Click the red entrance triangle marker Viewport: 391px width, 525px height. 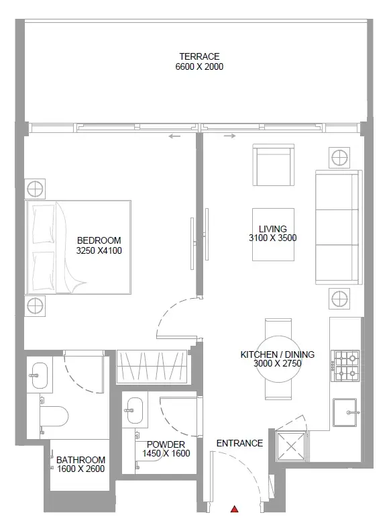coord(235,510)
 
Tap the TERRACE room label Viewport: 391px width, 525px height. coord(199,56)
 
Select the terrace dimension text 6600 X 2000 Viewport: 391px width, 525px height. coord(199,66)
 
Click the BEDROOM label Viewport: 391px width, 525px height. coord(99,240)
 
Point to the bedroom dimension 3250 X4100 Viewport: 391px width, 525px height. coord(99,251)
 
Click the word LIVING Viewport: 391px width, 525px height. coord(272,229)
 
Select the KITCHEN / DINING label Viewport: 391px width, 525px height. coord(278,354)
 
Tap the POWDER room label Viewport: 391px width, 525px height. coord(166,444)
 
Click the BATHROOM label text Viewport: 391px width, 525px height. coord(80,460)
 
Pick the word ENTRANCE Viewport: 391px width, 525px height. coord(239,443)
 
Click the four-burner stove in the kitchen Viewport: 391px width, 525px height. coord(345,366)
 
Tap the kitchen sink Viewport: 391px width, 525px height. coord(345,412)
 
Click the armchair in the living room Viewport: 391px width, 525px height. coord(274,164)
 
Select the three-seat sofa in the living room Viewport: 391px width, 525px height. coord(339,228)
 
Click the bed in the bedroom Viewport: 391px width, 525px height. coord(78,248)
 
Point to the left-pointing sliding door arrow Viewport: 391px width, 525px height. coord(174,136)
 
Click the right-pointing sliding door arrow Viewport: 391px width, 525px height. coord(230,136)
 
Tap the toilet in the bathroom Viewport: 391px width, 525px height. coord(54,416)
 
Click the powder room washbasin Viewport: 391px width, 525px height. coord(135,410)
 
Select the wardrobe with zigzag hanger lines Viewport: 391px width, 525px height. coord(152,367)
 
